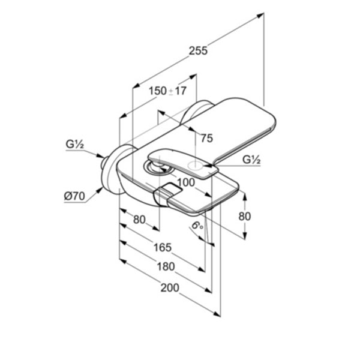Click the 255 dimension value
click(x=197, y=52)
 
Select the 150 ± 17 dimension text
click(x=168, y=91)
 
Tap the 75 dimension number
click(x=206, y=139)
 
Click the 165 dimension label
click(x=162, y=247)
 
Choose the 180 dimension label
click(x=165, y=266)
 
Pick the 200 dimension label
click(x=170, y=288)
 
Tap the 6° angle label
click(x=197, y=226)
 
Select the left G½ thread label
click(x=75, y=145)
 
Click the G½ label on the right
click(x=252, y=160)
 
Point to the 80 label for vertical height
click(x=245, y=216)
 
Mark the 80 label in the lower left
click(x=139, y=220)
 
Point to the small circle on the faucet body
click(x=196, y=165)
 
